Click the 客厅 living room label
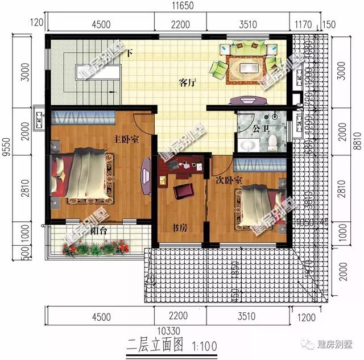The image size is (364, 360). pos(187,83)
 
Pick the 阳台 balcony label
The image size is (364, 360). pos(99,231)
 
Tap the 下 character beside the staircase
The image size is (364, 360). pos(129,53)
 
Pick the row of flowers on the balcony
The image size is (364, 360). pos(97,247)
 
